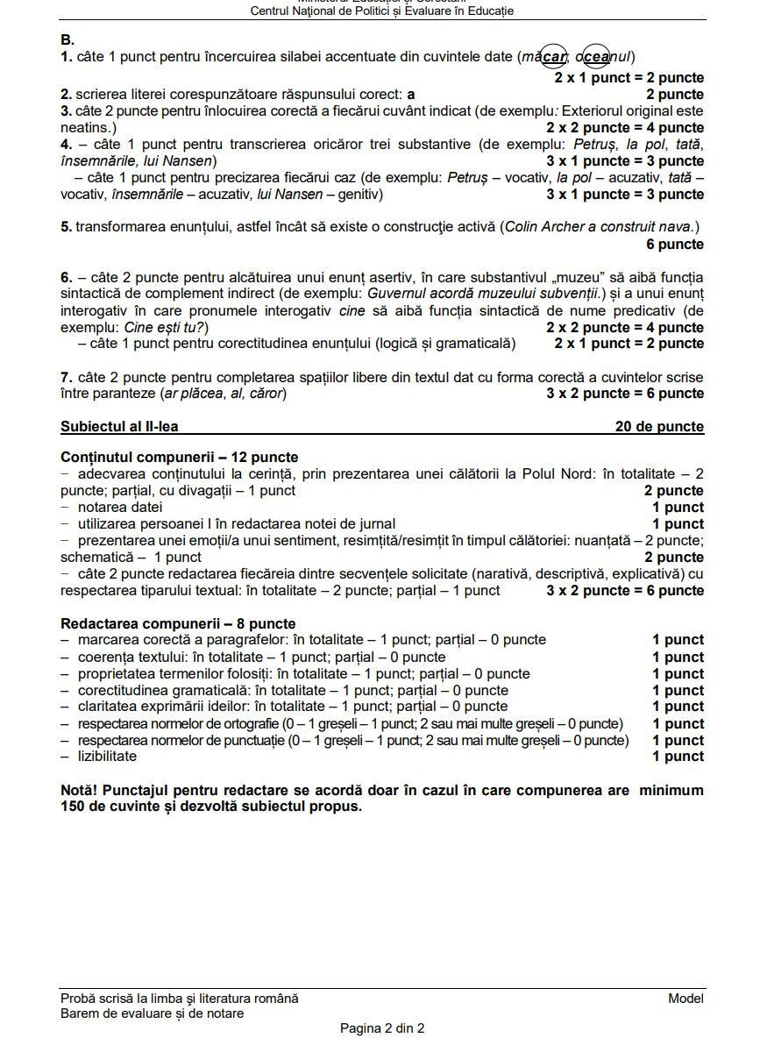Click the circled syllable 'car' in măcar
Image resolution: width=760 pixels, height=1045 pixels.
553,58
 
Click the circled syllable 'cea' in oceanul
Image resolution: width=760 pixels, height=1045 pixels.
596,58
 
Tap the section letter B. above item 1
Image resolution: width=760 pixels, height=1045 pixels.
67,40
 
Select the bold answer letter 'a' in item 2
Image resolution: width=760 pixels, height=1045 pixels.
411,95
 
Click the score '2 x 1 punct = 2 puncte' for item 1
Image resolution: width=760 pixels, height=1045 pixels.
629,78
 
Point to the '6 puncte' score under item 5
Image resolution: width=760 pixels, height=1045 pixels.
675,245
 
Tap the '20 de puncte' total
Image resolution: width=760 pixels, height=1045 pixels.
659,427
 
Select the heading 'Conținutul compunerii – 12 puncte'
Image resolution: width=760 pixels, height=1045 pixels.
179,458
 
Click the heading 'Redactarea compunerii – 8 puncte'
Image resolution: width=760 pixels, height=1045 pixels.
178,624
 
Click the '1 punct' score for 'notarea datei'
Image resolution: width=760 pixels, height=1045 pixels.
678,508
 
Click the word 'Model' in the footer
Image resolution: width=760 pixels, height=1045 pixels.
685,999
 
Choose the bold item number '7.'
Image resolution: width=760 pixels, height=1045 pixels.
67,378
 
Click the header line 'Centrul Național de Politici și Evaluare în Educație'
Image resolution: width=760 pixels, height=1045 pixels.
381,11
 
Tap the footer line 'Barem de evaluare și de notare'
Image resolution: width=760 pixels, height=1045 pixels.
152,1014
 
